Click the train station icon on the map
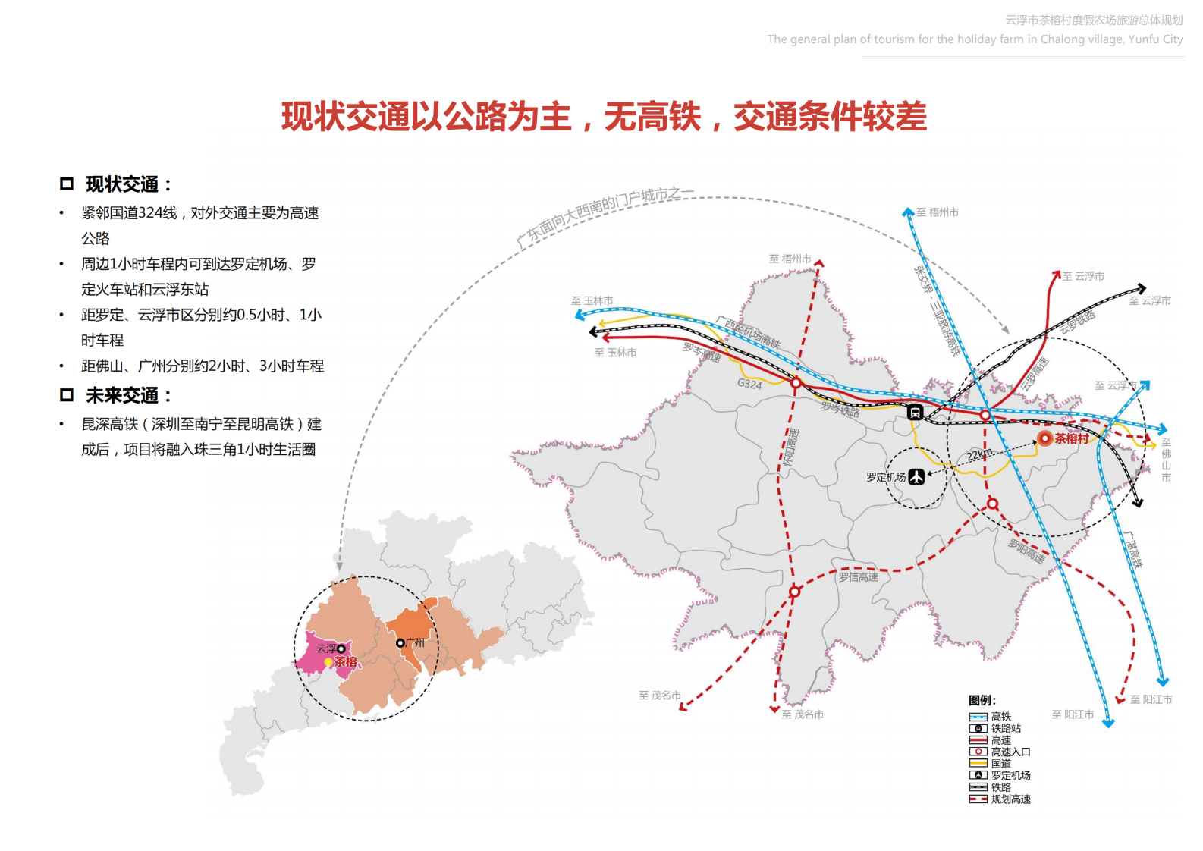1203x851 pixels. [x=916, y=412]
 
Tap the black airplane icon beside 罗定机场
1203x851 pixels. [x=917, y=476]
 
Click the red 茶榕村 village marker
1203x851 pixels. [x=1045, y=438]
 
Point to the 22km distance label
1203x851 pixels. [x=979, y=454]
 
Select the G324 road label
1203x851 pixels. [x=749, y=384]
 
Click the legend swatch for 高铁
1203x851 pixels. [x=978, y=717]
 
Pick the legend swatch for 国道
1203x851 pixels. [x=978, y=764]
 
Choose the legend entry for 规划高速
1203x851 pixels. [x=1000, y=799]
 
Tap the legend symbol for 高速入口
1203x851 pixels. [x=978, y=752]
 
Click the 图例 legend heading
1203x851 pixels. [x=982, y=700]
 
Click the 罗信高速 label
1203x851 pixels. [x=858, y=577]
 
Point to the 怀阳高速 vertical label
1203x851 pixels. [x=790, y=447]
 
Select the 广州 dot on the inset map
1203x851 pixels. [x=400, y=643]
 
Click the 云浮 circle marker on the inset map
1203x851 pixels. [x=341, y=648]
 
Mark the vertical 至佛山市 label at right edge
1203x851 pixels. [x=1166, y=460]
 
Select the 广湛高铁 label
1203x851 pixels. [x=1132, y=549]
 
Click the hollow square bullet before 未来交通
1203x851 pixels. [x=67, y=395]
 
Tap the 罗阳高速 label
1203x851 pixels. [x=1026, y=551]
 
